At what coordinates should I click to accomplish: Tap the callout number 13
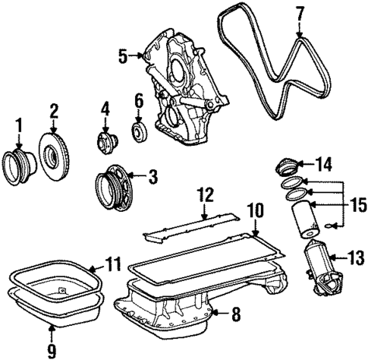(355, 259)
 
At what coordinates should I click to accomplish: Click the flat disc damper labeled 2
(55, 156)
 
